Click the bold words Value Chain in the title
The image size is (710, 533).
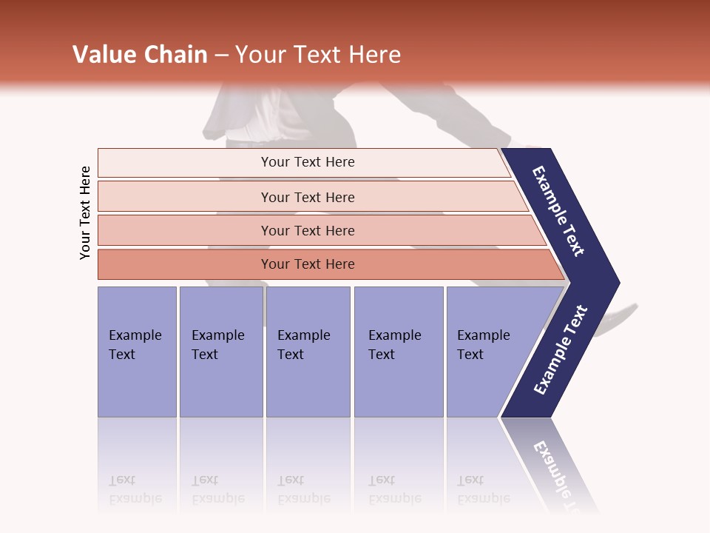140,55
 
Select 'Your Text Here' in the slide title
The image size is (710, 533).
318,55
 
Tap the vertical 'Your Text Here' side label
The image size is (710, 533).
85,212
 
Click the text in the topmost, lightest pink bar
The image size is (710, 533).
308,162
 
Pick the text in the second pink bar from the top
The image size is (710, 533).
308,198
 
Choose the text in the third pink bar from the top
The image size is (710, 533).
308,231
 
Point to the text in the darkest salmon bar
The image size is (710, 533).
308,264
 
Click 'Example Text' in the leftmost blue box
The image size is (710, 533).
135,345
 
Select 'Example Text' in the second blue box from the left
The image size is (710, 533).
217,345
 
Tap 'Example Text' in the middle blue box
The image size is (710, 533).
303,345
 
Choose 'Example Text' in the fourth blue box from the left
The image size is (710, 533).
394,345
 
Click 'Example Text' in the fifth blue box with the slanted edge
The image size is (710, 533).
483,345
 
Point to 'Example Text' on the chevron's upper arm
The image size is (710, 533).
558,211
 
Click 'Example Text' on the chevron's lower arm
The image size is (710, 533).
561,350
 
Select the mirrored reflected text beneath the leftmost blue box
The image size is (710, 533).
135,490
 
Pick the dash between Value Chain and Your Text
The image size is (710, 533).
221,55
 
